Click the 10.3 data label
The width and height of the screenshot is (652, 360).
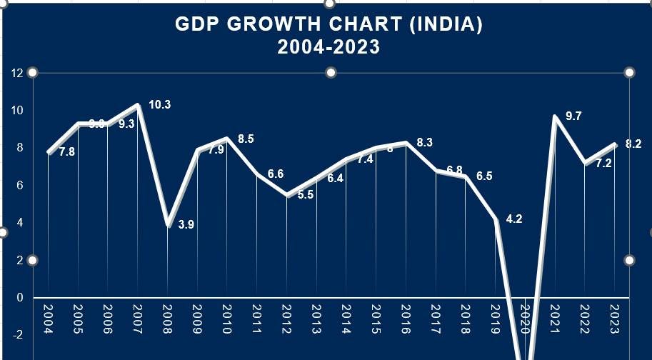(x=159, y=105)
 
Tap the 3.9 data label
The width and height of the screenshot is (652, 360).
(x=186, y=224)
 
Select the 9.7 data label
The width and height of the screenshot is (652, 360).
(x=573, y=116)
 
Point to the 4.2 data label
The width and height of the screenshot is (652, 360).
(x=514, y=219)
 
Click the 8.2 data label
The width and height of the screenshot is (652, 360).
(x=633, y=144)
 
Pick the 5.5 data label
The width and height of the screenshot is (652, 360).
(x=306, y=195)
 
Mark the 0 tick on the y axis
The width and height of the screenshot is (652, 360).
(x=20, y=297)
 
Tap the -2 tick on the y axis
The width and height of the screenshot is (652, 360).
(x=17, y=334)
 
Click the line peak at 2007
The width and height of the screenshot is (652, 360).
(x=137, y=106)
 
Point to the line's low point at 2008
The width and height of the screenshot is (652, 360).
(x=167, y=224)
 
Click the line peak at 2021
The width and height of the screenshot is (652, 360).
(x=554, y=116)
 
